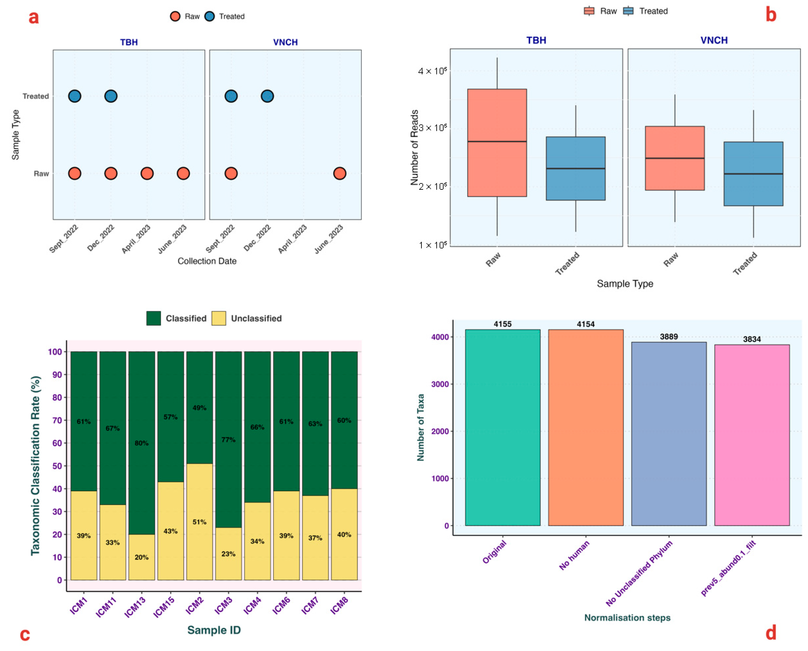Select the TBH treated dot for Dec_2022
point(111,96)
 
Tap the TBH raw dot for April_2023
point(147,173)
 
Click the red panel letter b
point(770,15)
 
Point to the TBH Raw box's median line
point(497,141)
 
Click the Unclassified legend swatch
point(219,318)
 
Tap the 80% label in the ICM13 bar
point(142,443)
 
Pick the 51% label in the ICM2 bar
point(199,522)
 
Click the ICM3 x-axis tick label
point(224,605)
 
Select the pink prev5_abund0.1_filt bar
point(751,435)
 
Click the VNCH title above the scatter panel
point(285,42)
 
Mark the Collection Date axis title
point(207,261)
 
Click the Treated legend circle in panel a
point(209,16)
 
